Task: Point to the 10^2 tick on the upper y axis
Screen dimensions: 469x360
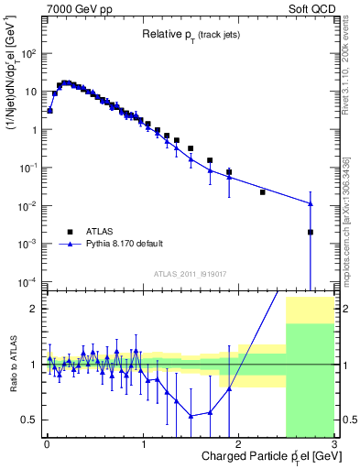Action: (x=29, y=53)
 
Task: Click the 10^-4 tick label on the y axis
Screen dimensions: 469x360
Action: (x=27, y=281)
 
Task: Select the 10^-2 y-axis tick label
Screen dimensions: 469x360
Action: (x=27, y=205)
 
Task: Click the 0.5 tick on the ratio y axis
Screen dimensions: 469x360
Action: (x=29, y=420)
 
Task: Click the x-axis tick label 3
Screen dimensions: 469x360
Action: (x=335, y=446)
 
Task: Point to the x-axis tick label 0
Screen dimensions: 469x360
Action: (x=47, y=446)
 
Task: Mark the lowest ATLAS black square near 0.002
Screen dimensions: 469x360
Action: (x=311, y=233)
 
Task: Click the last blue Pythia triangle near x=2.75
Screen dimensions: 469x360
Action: (x=311, y=203)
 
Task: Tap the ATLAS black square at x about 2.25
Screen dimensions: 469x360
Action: (x=263, y=192)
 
